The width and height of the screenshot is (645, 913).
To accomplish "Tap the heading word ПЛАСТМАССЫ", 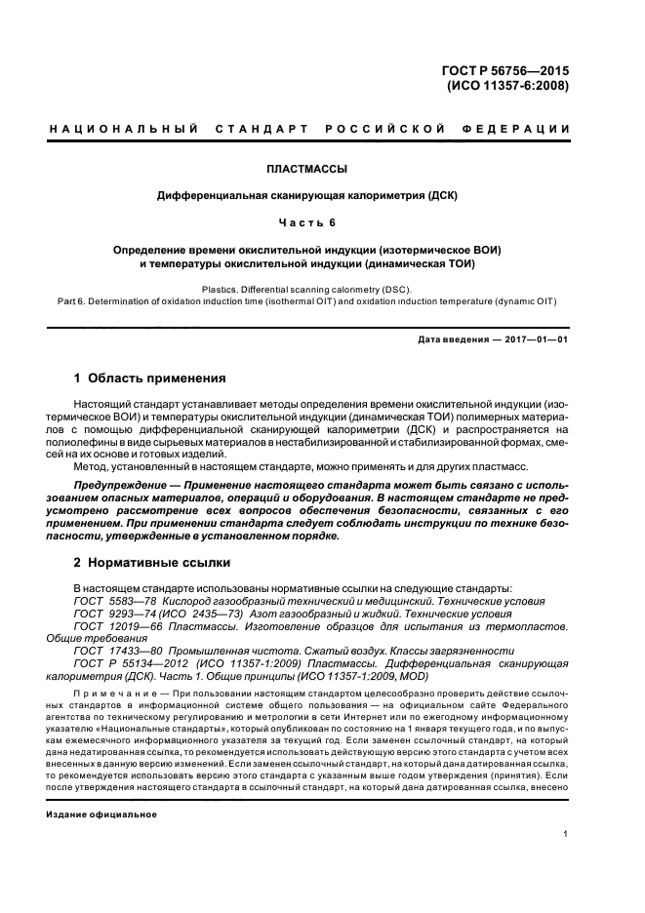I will tap(307, 169).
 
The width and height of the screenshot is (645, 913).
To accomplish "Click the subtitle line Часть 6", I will tap(307, 222).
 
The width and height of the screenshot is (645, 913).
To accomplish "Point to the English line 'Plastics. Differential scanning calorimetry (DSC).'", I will tap(307, 290).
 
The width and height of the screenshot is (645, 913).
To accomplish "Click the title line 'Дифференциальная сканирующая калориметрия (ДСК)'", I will tap(307, 196).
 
